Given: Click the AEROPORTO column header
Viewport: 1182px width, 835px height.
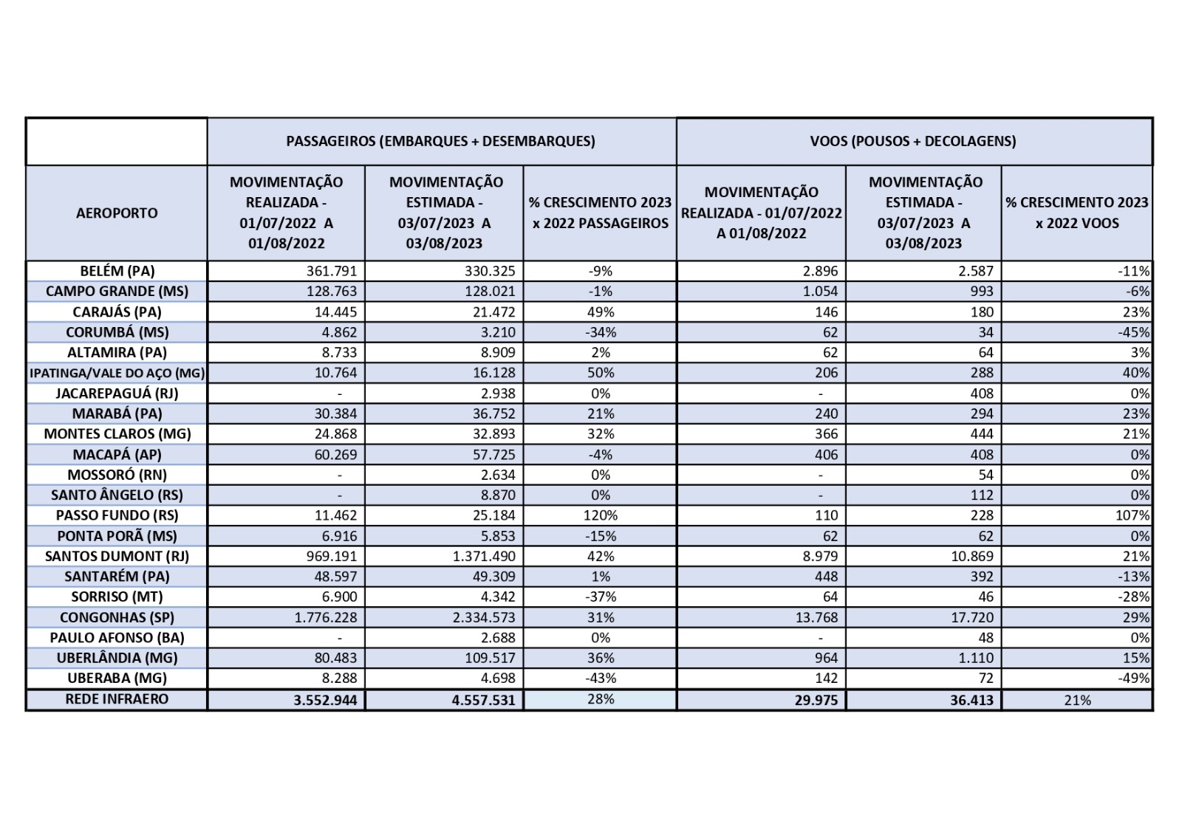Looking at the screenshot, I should click(x=117, y=213).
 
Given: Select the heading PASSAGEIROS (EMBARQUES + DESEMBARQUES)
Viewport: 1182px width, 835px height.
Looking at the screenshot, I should click(x=440, y=140).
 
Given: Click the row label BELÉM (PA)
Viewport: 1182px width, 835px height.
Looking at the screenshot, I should click(x=117, y=271).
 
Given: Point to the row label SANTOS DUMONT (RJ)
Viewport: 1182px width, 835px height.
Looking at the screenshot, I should click(x=117, y=556).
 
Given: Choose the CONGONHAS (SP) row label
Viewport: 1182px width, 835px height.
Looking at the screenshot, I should click(x=117, y=617).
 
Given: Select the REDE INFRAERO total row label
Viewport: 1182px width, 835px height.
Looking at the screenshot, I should click(x=117, y=698).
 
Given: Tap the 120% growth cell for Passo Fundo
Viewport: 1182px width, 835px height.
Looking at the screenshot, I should click(x=601, y=515).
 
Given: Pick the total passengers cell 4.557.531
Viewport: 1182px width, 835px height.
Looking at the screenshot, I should click(x=483, y=699).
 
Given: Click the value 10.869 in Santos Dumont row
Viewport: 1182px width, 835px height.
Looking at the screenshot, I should click(x=972, y=556).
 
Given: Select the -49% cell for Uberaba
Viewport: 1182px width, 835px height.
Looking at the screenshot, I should click(x=1134, y=678).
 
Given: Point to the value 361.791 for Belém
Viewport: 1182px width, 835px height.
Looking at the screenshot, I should click(x=332, y=271).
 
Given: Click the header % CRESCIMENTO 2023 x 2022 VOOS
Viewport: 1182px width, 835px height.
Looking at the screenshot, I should click(x=1076, y=213).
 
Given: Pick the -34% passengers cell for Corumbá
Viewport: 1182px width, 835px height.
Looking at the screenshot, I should click(x=601, y=332).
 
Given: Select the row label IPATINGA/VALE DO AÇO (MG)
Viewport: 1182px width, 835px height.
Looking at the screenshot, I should click(x=117, y=373).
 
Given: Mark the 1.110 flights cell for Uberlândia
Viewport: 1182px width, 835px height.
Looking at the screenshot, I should click(x=976, y=658).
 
